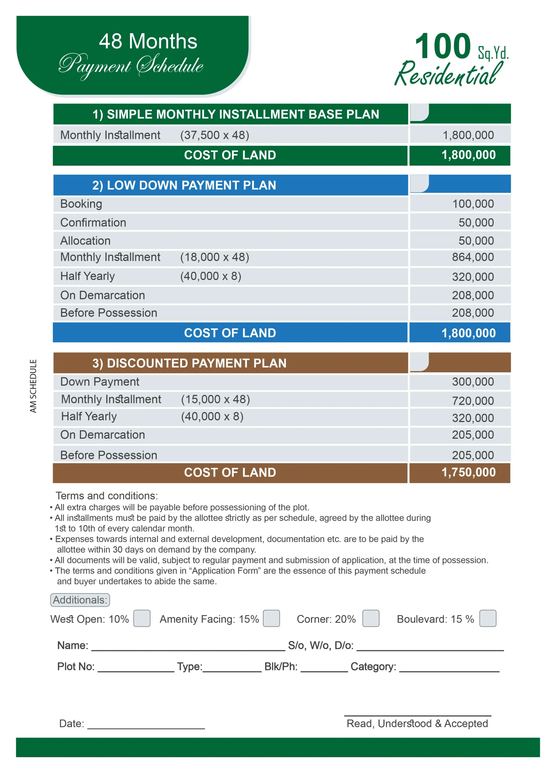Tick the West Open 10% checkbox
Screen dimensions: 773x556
(x=142, y=618)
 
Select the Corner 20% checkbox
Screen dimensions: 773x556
(x=371, y=618)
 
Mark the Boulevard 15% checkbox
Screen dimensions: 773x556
(x=487, y=618)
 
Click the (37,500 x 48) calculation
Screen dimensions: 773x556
(x=215, y=135)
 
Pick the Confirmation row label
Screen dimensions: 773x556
(x=93, y=223)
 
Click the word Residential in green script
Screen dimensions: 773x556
(x=448, y=74)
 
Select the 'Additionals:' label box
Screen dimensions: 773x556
(x=80, y=600)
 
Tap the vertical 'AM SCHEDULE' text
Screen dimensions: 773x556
(x=33, y=386)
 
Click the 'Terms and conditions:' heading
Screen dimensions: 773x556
(x=107, y=496)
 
